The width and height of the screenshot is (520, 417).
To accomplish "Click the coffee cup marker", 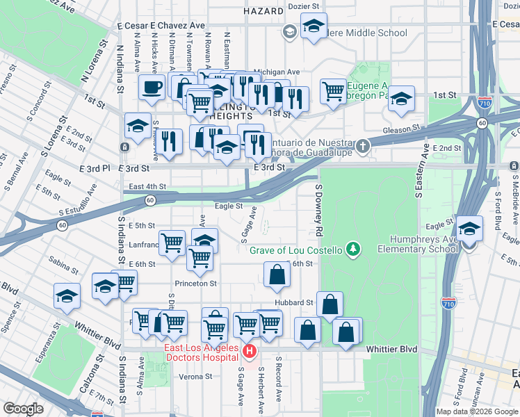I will (152, 88).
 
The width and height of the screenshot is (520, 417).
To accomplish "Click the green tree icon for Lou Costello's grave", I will (354, 250).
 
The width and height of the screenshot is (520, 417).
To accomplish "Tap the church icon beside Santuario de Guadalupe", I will (361, 147).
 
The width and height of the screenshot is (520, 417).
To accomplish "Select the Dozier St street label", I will (302, 6).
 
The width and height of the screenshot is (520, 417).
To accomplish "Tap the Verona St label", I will (195, 377).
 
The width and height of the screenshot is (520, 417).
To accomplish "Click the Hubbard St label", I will (294, 303).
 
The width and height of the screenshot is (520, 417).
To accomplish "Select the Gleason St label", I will (402, 129).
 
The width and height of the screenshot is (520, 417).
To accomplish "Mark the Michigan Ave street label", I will (276, 72).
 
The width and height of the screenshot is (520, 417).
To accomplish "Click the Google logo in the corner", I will (23, 409).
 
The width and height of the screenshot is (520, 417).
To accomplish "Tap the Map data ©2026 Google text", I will (477, 411).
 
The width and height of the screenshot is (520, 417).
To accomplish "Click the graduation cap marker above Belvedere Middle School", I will (314, 27).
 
